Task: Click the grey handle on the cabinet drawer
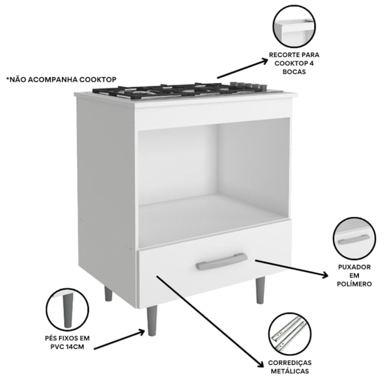[x=222, y=261]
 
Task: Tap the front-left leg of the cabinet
[x=151, y=321]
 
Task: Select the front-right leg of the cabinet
[x=260, y=290]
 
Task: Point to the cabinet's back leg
[x=108, y=293]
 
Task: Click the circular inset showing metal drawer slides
[x=290, y=334]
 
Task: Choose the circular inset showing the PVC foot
[x=67, y=309]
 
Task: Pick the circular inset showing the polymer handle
[x=354, y=239]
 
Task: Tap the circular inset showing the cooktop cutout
[x=294, y=26]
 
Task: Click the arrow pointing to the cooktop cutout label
[x=242, y=69]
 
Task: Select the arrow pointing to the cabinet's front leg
[x=119, y=339]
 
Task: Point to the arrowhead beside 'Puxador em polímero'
[x=325, y=275]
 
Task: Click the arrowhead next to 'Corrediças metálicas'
[x=260, y=363]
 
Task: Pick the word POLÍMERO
[x=354, y=284]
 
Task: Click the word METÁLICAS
[x=290, y=371]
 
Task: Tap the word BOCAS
[x=294, y=72]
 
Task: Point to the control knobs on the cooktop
[x=248, y=85]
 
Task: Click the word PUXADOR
[x=354, y=267]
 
